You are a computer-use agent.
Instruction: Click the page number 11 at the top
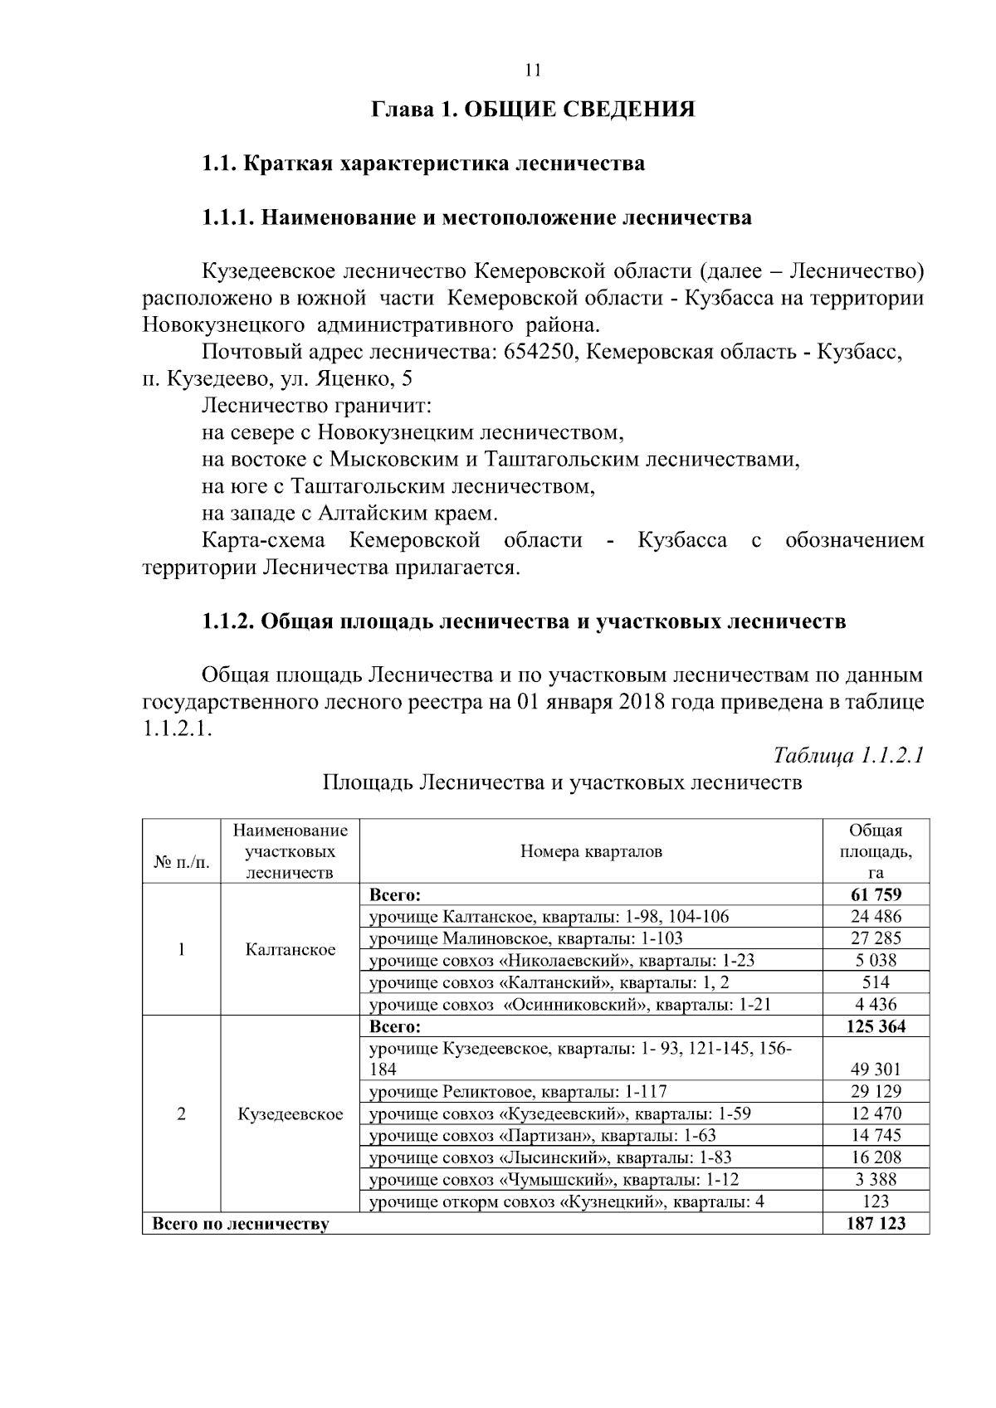[x=533, y=71]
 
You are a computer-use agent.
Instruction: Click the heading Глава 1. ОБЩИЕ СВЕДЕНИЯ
[x=532, y=110]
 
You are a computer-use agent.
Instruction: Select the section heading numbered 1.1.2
[x=524, y=621]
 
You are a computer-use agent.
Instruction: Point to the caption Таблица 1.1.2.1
[x=848, y=755]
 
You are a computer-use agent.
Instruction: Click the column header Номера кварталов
[x=591, y=851]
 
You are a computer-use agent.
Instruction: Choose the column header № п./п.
[x=182, y=863]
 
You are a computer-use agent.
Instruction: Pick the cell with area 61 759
[x=876, y=894]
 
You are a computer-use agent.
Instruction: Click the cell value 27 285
[x=876, y=938]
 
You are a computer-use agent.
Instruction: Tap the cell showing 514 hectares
[x=876, y=982]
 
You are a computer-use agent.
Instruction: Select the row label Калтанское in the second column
[x=290, y=950]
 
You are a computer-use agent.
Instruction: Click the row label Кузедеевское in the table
[x=290, y=1114]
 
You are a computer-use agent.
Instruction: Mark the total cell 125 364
[x=876, y=1026]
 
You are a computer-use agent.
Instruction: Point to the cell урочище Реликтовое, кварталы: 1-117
[x=518, y=1092]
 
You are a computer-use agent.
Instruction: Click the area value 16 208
[x=876, y=1157]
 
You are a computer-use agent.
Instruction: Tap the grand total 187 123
[x=876, y=1224]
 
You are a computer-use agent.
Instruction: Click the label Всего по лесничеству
[x=239, y=1224]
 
